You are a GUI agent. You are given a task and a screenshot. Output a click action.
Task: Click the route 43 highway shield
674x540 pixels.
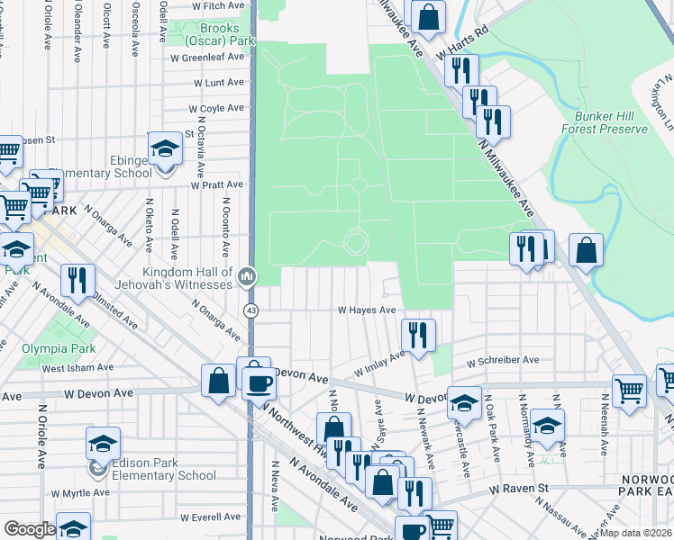[250, 310]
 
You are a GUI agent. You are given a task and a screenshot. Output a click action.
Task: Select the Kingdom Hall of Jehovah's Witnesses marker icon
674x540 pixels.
[247, 278]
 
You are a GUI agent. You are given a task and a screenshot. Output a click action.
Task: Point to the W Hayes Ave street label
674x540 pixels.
[367, 310]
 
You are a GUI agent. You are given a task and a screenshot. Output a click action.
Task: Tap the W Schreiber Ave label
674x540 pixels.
[502, 360]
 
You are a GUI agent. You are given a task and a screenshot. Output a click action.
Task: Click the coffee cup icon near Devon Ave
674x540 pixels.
[260, 382]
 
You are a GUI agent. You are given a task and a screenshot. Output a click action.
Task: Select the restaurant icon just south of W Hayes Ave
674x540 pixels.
[417, 336]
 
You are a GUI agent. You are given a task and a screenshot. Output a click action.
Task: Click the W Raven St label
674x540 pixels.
[519, 488]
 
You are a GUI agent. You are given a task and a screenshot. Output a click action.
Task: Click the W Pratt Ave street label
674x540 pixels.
[217, 185]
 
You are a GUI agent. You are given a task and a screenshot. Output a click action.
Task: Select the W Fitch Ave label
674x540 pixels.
[219, 5]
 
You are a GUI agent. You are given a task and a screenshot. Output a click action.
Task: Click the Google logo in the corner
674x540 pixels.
[30, 529]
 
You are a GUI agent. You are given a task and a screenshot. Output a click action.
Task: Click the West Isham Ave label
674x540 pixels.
[77, 367]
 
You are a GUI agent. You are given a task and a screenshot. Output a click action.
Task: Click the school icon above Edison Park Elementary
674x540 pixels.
[103, 444]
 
